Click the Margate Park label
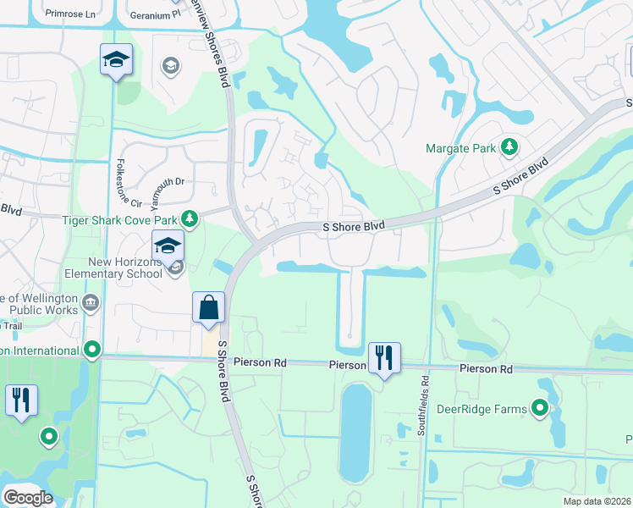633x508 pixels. (x=460, y=148)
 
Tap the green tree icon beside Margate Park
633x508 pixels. (x=509, y=147)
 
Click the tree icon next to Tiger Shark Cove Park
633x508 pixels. (x=190, y=220)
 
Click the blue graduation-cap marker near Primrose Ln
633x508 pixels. (x=116, y=60)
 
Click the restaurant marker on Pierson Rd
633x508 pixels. (x=384, y=358)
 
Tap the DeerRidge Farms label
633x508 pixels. (x=482, y=409)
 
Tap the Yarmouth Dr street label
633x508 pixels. (x=162, y=183)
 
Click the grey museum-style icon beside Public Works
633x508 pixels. (x=91, y=301)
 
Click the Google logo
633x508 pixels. (x=28, y=498)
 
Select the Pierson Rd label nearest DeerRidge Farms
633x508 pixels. (x=487, y=369)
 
